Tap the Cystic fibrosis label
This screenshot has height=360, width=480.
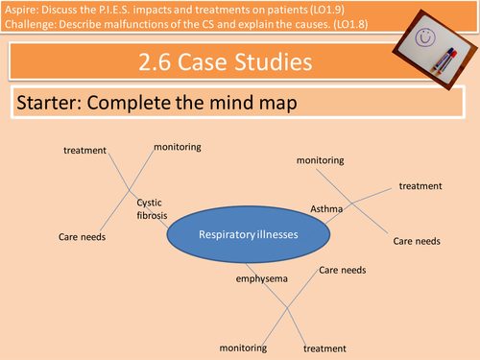point(152,208)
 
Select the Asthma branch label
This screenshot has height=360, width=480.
point(325,208)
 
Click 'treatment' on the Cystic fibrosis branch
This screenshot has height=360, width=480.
point(84,151)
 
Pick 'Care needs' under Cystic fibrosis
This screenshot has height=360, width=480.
point(82,236)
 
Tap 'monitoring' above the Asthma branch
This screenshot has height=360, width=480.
point(320,160)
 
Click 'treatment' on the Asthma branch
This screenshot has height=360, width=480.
point(420,185)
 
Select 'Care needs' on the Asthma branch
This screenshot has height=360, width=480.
point(417,240)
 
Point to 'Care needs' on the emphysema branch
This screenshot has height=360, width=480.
point(342,272)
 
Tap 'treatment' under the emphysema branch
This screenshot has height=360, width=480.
point(324,347)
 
